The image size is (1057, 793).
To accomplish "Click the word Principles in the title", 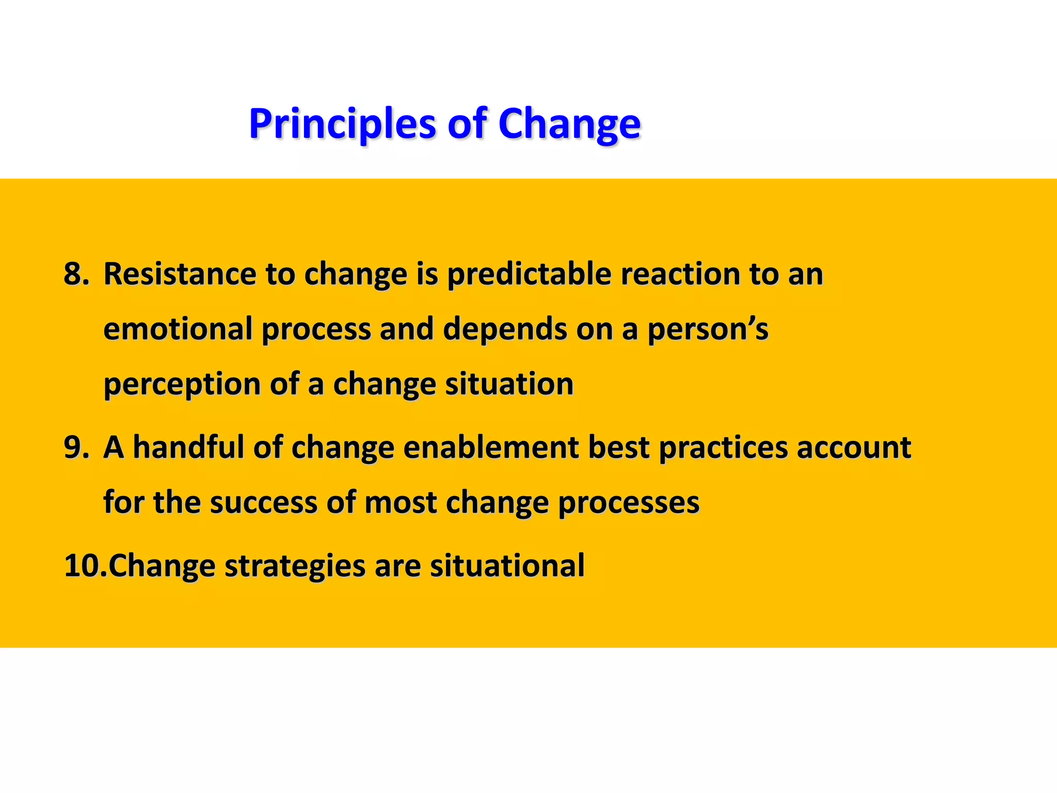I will (343, 124).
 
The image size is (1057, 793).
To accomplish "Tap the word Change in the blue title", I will (569, 124).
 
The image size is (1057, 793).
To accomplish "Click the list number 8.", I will (76, 274).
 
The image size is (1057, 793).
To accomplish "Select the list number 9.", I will (76, 447).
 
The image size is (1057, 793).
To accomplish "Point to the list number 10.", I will (85, 565).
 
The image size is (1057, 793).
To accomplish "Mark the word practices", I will (723, 447).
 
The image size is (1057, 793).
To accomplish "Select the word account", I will (854, 447).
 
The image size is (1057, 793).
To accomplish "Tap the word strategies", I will (295, 566).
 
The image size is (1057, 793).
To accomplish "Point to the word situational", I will (507, 565).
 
